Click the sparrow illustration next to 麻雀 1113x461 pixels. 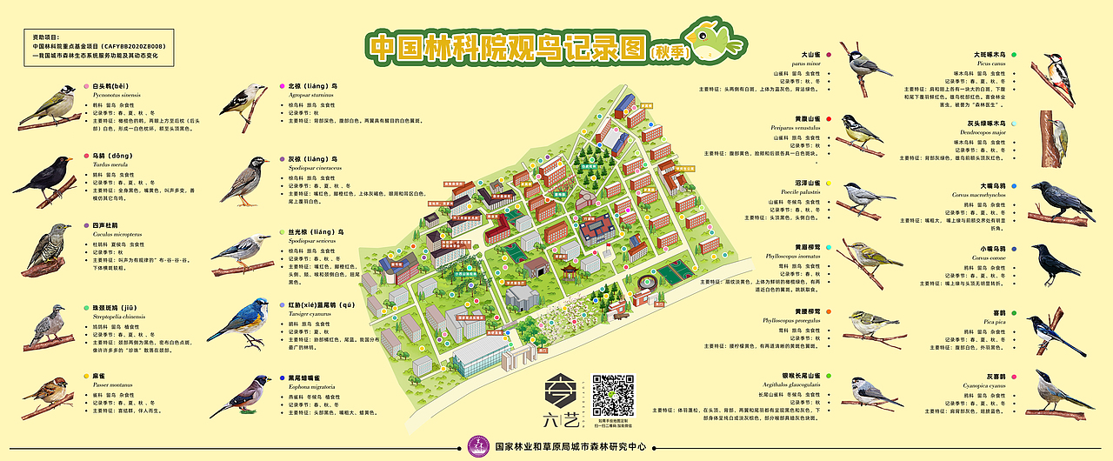click(47, 394)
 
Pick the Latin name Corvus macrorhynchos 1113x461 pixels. click(994, 195)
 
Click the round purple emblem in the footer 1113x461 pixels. click(477, 447)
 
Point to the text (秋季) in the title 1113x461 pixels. click(667, 51)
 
